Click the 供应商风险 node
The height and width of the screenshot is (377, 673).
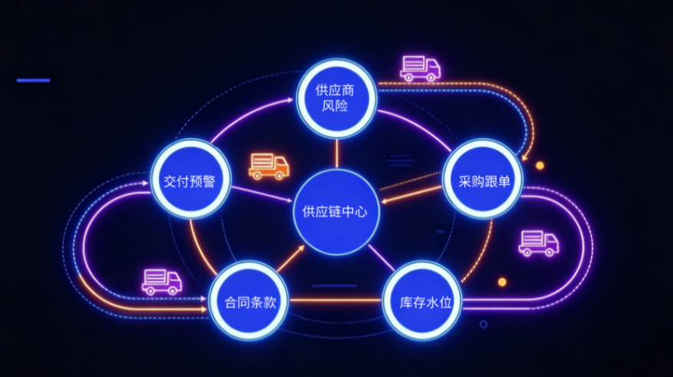[x=336, y=98]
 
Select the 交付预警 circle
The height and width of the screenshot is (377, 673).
[x=190, y=179]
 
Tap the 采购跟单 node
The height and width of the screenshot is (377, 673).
[x=483, y=179]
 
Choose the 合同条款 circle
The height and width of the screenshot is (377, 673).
[x=249, y=300]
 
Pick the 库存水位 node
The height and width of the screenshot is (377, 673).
[x=422, y=300]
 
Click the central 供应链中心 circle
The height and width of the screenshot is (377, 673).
[x=336, y=212]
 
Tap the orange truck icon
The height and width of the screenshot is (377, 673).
[x=269, y=166]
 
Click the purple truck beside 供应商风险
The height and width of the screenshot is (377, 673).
[x=421, y=68]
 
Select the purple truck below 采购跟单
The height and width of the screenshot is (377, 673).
[x=539, y=243]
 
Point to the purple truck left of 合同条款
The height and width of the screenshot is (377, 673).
[x=162, y=282]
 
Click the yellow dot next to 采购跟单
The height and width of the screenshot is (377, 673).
[x=540, y=165]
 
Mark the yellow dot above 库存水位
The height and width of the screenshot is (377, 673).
[x=502, y=282]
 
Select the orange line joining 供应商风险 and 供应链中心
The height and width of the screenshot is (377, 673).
[x=337, y=154]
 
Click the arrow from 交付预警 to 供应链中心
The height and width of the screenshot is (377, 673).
[x=262, y=194]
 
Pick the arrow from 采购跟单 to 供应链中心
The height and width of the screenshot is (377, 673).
[x=411, y=194]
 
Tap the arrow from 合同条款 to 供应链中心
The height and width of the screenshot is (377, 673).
[x=291, y=259]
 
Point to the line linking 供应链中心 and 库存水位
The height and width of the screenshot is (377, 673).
[x=381, y=258]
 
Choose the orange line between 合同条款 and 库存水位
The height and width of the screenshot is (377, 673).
[x=335, y=300]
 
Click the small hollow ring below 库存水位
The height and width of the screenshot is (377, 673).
[x=483, y=325]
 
